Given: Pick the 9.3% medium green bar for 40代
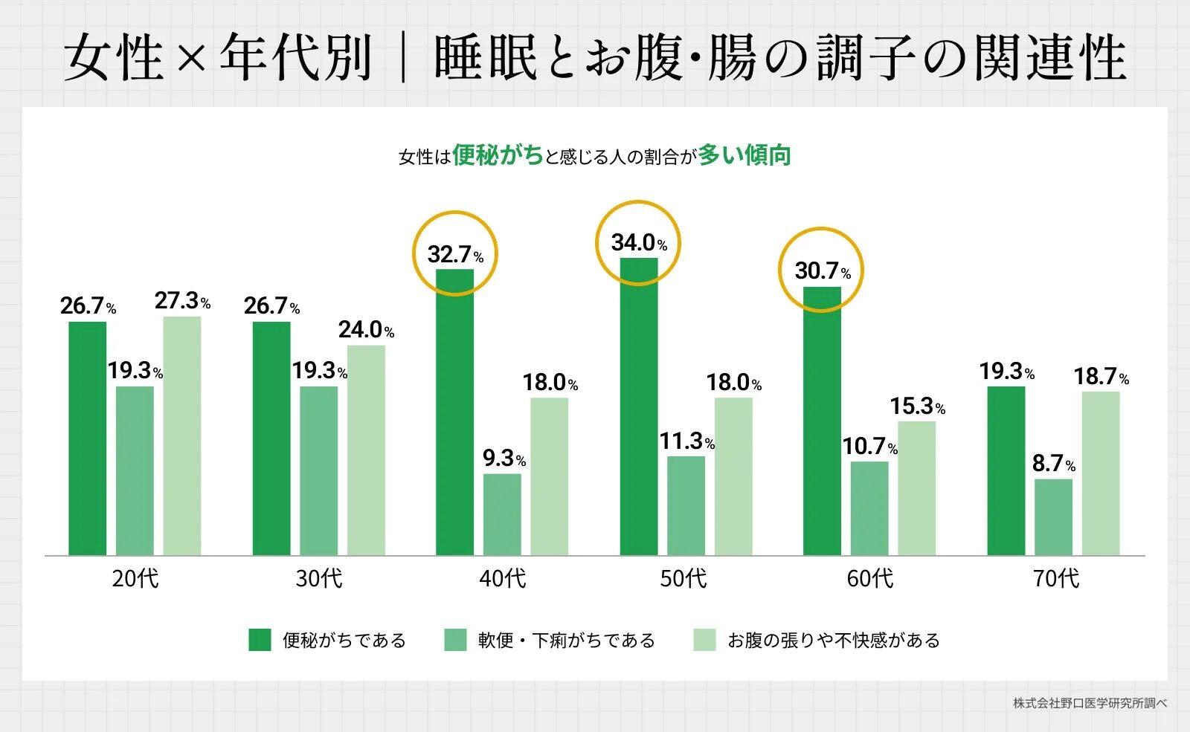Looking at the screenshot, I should click(x=502, y=514).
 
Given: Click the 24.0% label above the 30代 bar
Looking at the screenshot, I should click(x=365, y=330).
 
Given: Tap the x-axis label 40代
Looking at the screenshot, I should click(x=502, y=578).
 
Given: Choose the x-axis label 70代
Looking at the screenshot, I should click(x=1055, y=578).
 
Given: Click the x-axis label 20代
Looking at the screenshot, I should click(x=135, y=578).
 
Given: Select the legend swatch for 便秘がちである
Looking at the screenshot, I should click(x=260, y=640).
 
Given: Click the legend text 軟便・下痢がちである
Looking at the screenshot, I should click(x=566, y=640).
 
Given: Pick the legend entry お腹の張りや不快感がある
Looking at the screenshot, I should click(x=833, y=640).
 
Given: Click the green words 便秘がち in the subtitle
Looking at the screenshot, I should click(x=498, y=155).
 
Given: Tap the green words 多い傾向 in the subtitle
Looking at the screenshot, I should click(x=744, y=155).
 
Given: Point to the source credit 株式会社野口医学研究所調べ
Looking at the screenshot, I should click(x=1090, y=703).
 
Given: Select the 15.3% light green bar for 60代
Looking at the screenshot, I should click(x=916, y=488).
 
